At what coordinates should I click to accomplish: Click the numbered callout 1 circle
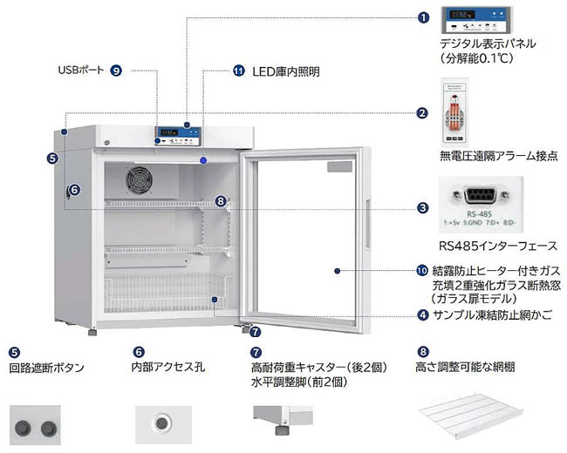click(424, 17)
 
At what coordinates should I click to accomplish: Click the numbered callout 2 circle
click(422, 113)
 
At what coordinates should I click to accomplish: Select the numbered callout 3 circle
click(422, 208)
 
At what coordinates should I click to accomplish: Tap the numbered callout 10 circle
click(423, 270)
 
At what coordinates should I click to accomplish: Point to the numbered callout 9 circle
click(116, 71)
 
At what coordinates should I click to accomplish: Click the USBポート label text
click(81, 71)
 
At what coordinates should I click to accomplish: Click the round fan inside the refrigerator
click(140, 180)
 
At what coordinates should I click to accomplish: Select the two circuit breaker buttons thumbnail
click(36, 426)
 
